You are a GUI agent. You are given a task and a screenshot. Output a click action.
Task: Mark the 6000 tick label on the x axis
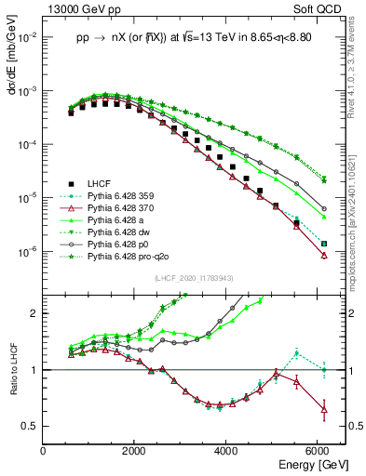[319, 450]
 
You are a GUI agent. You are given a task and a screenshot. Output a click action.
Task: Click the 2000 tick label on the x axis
[135, 450]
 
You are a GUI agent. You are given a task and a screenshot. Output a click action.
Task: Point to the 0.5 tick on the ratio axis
[32, 426]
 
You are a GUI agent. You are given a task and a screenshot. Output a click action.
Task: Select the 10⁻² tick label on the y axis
[28, 37]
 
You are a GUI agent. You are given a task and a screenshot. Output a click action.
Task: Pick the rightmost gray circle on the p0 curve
[323, 209]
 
